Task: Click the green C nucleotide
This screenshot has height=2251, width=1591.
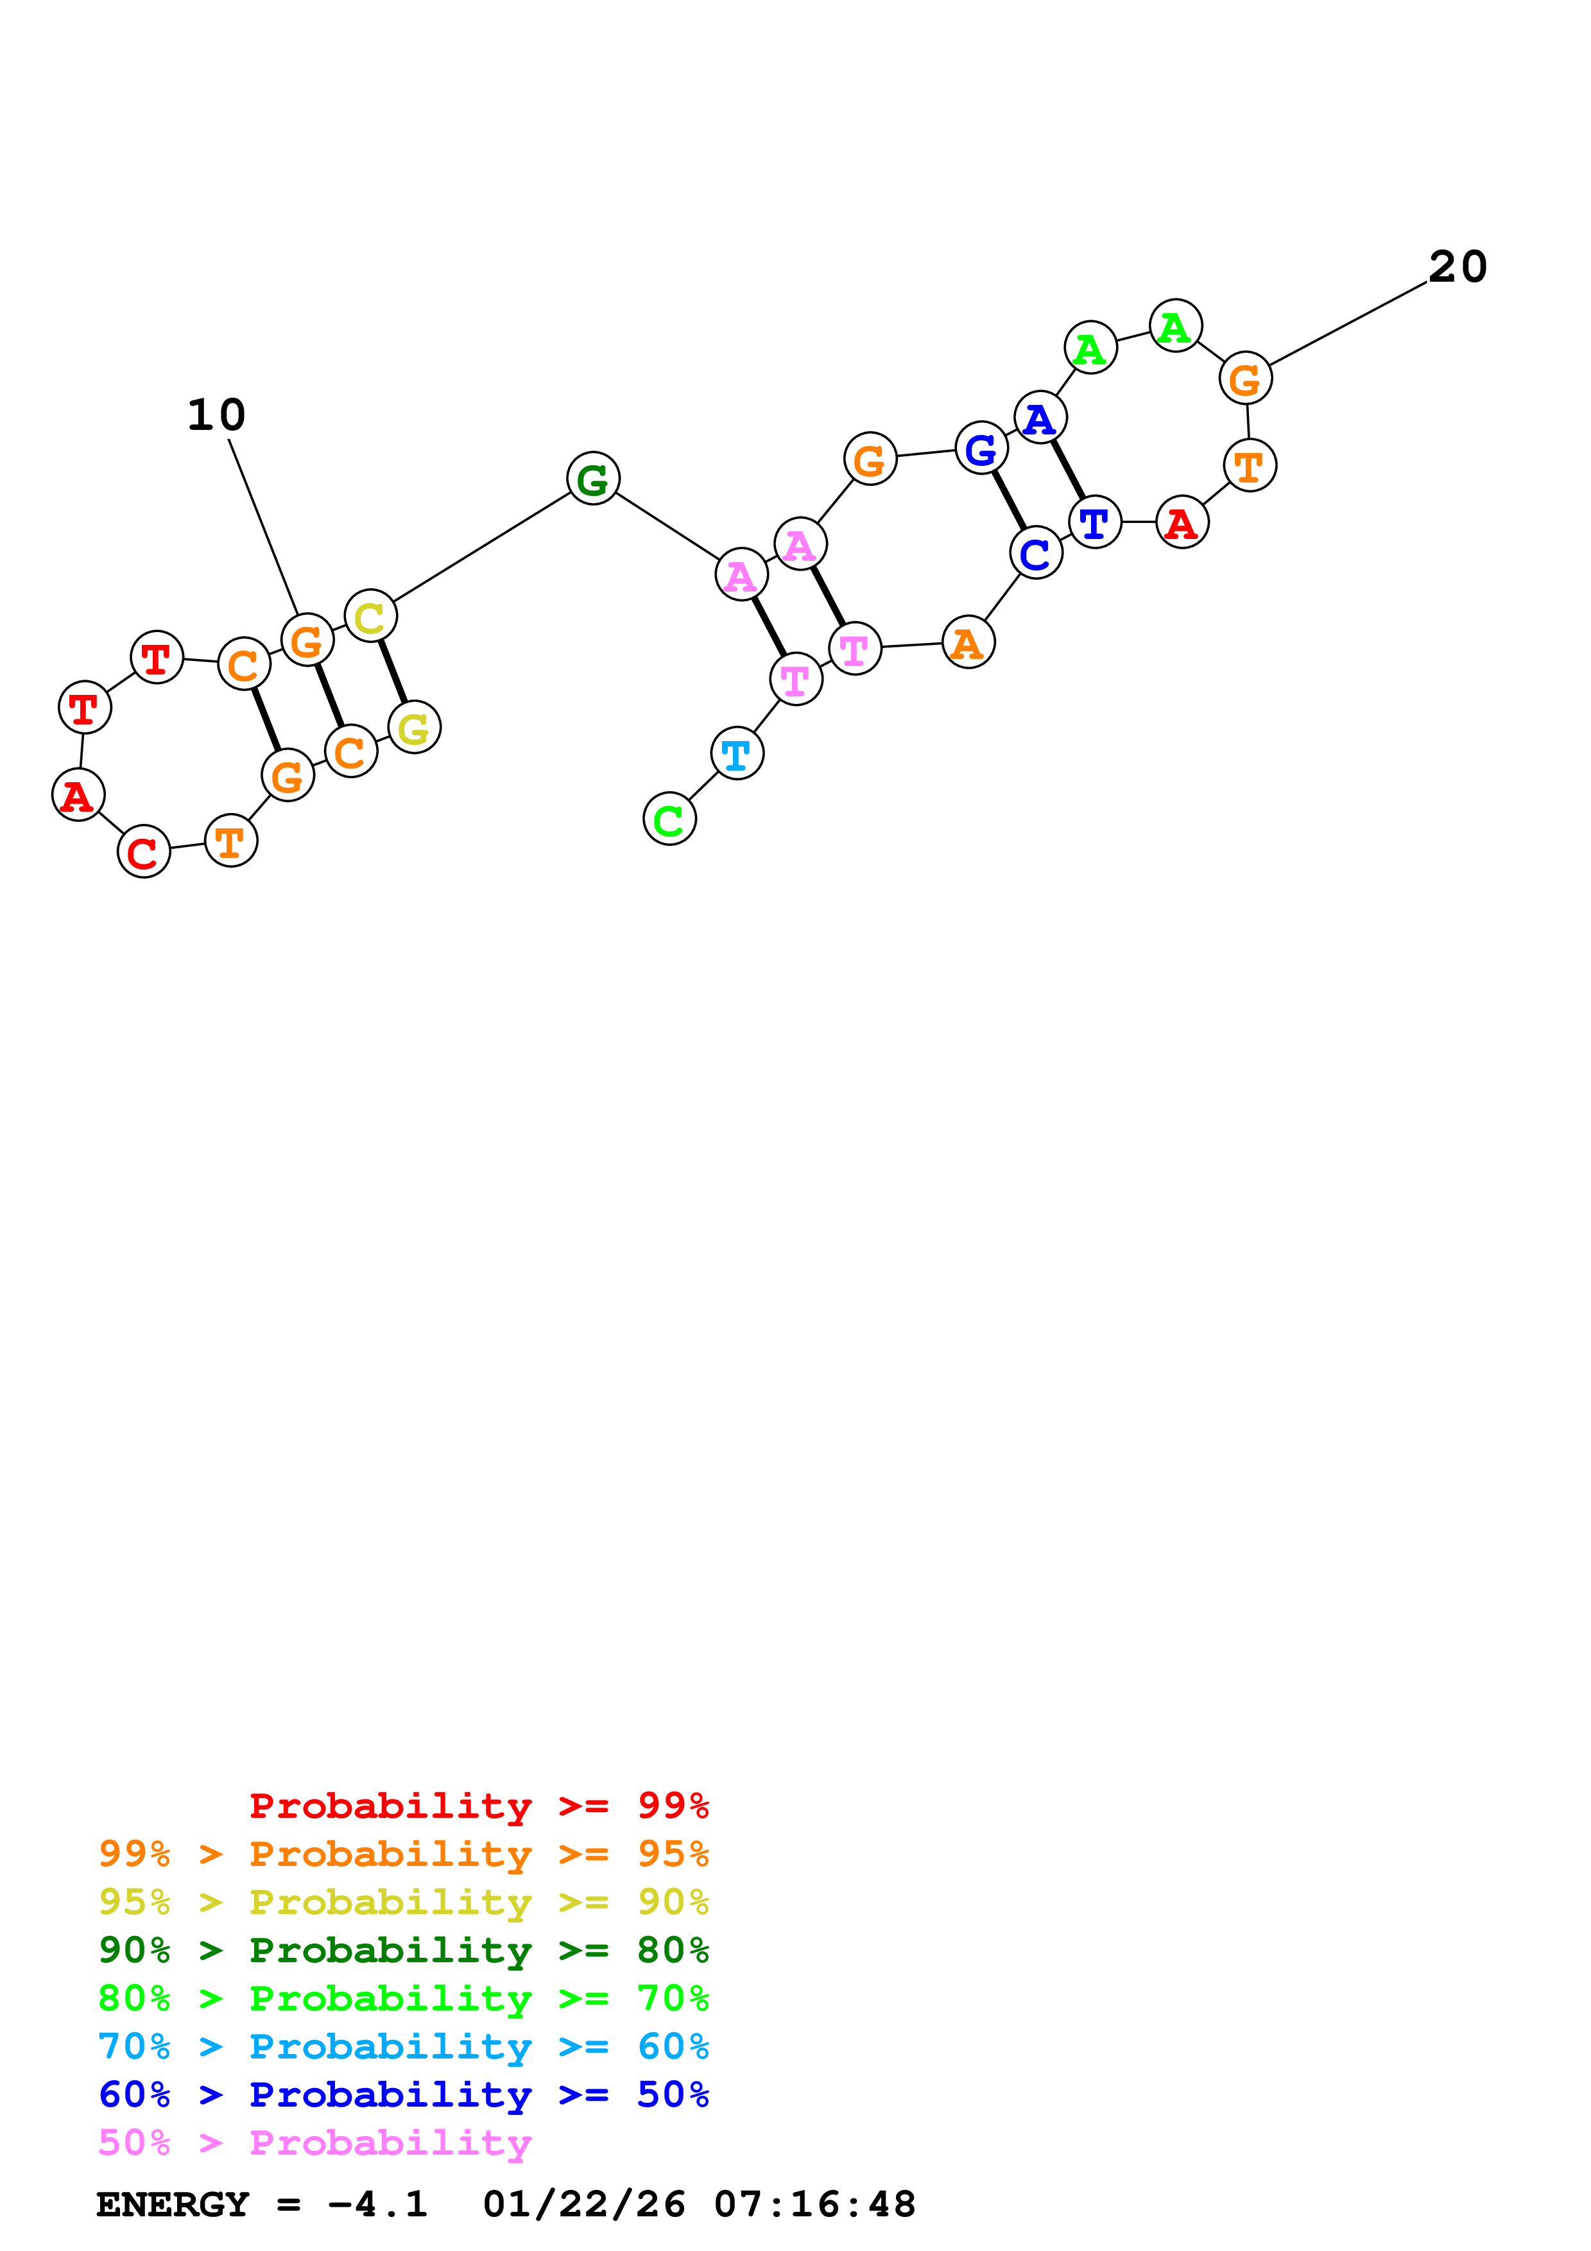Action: click(x=669, y=819)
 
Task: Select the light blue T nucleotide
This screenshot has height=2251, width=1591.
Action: click(x=737, y=753)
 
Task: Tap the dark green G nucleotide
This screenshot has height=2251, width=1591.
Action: click(x=593, y=479)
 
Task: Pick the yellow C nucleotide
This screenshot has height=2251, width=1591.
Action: click(x=370, y=617)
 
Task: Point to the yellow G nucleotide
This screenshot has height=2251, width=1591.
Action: click(x=415, y=728)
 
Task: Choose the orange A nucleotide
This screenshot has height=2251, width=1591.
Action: click(x=968, y=643)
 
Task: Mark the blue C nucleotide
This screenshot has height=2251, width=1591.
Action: click(x=1036, y=554)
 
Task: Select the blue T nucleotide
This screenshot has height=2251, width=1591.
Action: click(x=1095, y=522)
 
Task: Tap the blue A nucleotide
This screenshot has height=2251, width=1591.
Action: click(x=1040, y=418)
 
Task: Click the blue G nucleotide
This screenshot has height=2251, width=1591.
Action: click(x=981, y=449)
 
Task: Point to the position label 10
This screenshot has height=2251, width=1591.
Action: click(x=217, y=415)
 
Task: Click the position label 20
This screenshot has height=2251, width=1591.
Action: click(x=1458, y=267)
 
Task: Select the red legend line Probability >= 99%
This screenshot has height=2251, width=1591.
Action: click(x=478, y=1805)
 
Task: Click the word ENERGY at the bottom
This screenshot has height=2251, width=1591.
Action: click(x=173, y=2204)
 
